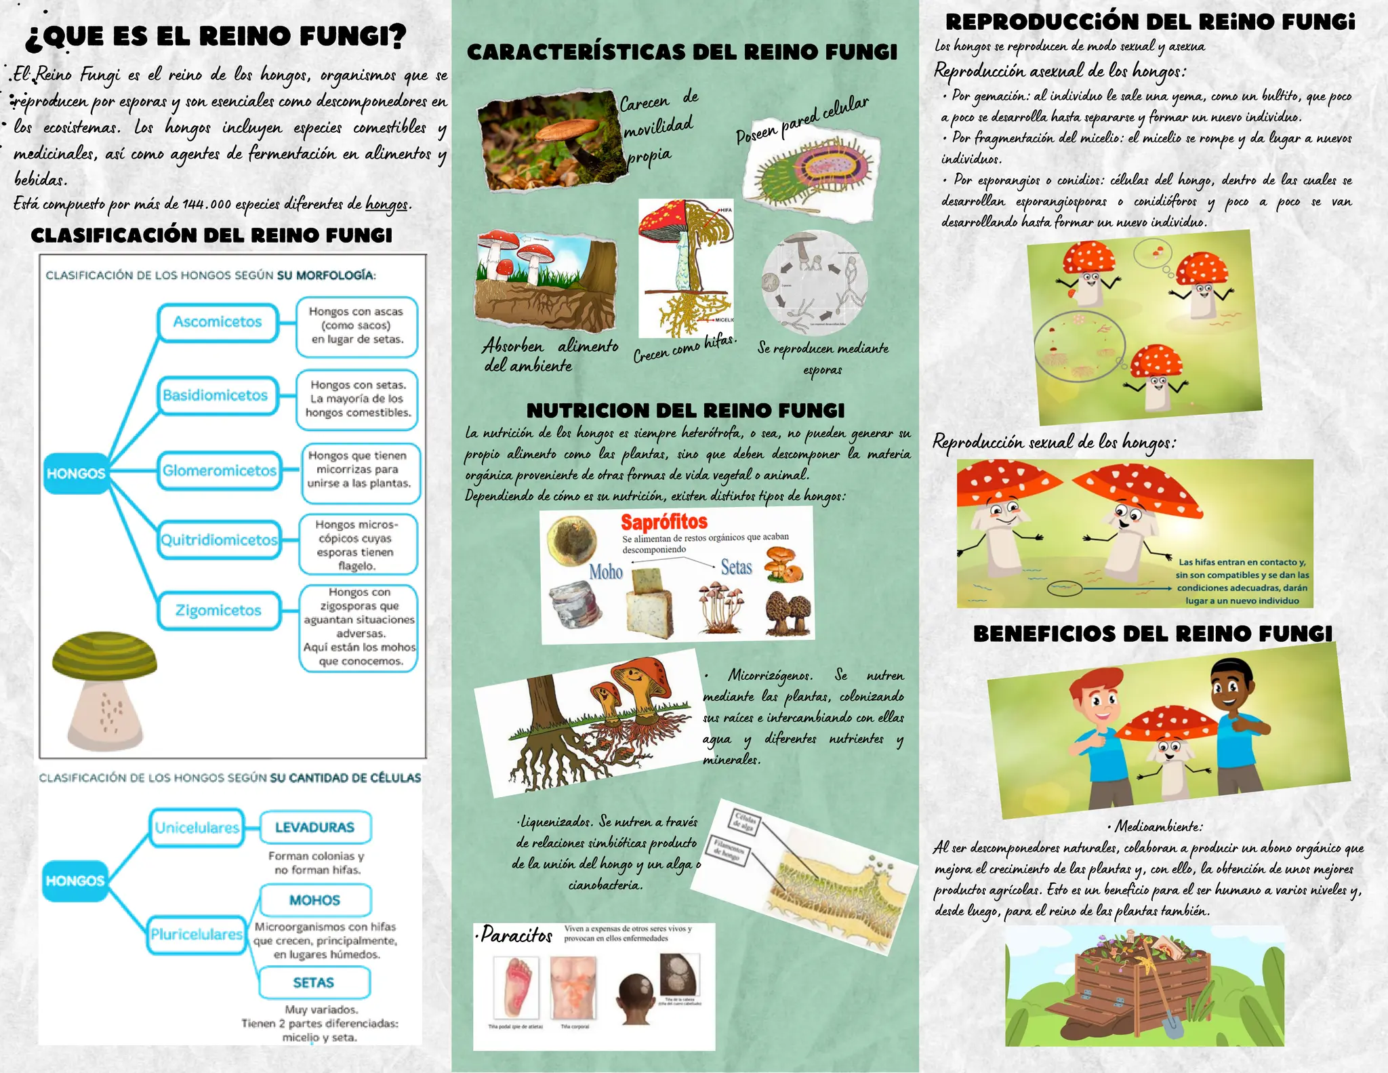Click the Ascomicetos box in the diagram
click(x=218, y=322)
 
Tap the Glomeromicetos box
click(x=220, y=470)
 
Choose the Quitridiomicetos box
click(x=219, y=540)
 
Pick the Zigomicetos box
click(x=219, y=610)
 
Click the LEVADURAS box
click(x=315, y=828)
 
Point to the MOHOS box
click(x=315, y=900)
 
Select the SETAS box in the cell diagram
click(x=314, y=982)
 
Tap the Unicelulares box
click(x=197, y=828)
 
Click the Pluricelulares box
click(x=197, y=934)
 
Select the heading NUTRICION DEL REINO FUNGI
click(x=685, y=411)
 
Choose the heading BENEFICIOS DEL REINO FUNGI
click(x=1152, y=634)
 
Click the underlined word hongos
click(x=387, y=203)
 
